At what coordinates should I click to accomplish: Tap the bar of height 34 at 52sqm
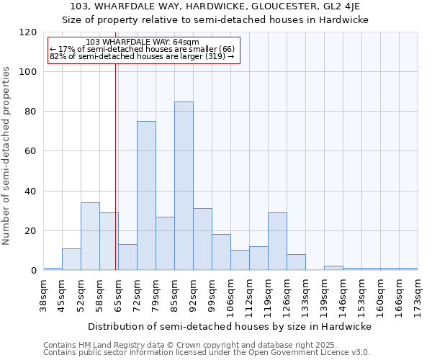(90, 236)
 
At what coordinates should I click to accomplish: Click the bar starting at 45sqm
(71, 259)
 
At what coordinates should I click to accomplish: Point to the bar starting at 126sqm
(296, 262)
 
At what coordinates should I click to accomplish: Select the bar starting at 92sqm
(202, 240)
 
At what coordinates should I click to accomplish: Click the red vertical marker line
(115, 166)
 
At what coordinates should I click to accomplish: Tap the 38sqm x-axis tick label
(43, 292)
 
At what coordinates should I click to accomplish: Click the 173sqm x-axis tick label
(418, 292)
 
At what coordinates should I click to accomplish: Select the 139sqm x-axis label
(324, 292)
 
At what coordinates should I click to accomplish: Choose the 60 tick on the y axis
(31, 151)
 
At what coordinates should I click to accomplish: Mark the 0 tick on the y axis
(34, 271)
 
